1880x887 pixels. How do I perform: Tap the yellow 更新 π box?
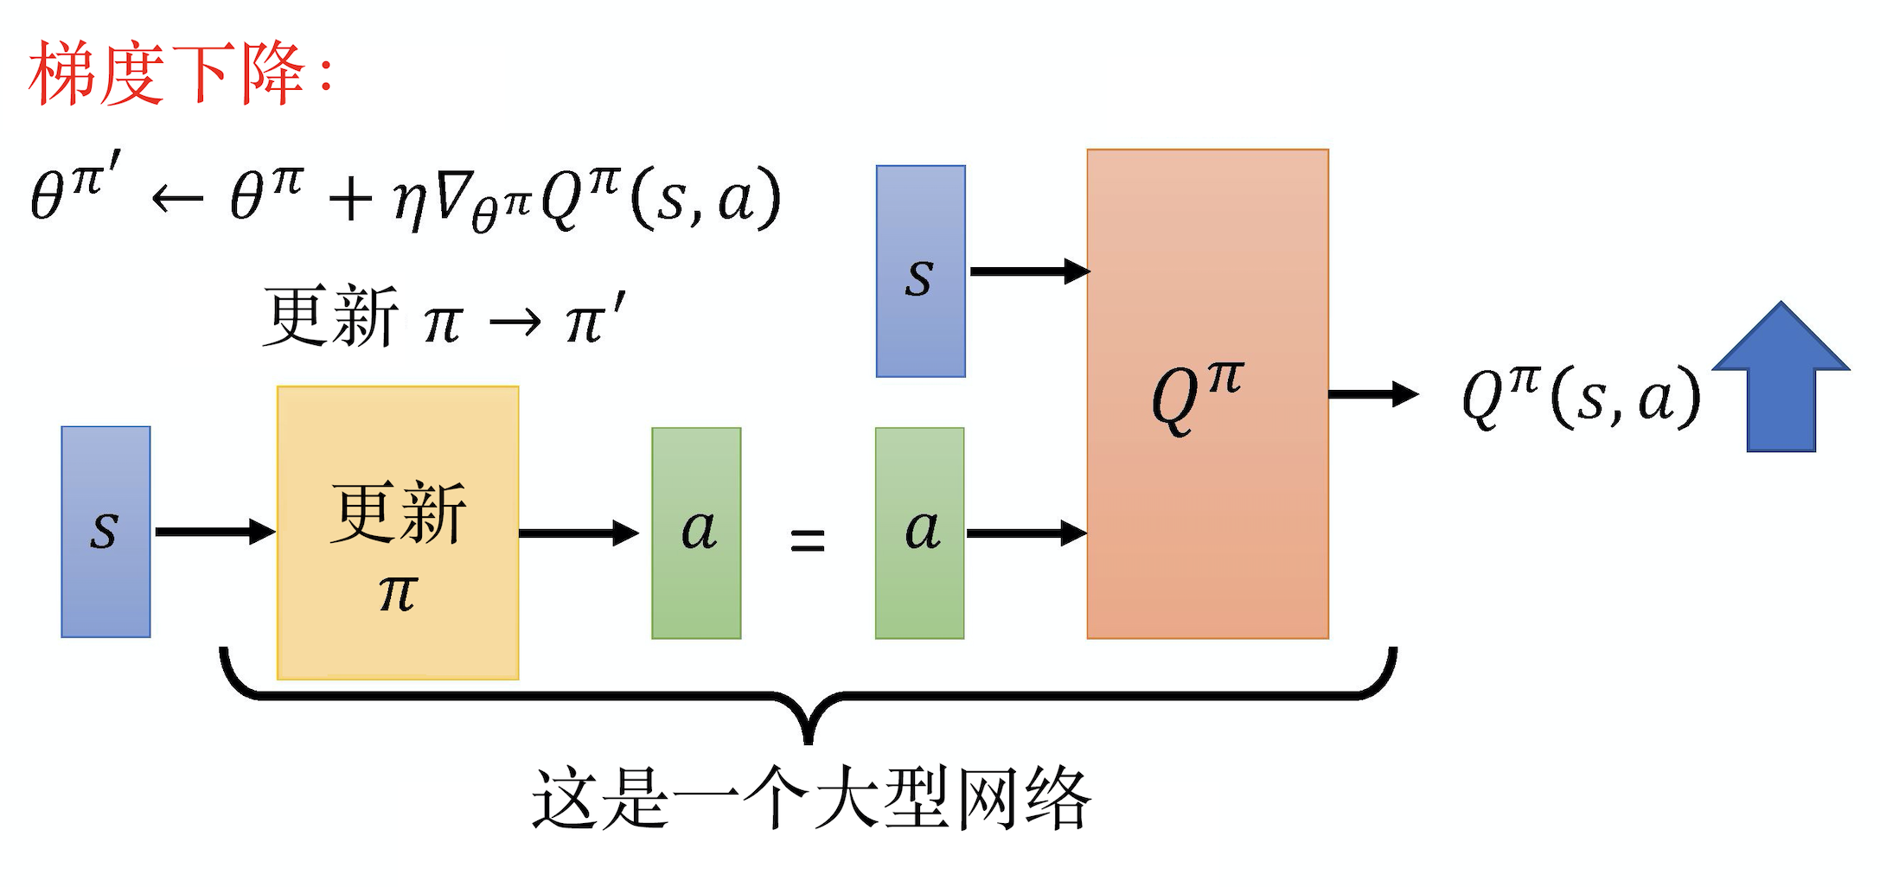tap(398, 533)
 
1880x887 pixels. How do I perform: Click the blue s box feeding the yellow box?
tap(106, 532)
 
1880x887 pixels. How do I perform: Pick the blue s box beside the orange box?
tap(920, 271)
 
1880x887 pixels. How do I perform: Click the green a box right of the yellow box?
tap(696, 533)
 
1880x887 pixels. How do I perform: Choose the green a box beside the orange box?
tap(919, 533)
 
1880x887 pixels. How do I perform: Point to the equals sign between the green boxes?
tap(808, 541)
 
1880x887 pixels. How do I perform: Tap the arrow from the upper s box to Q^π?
tap(1029, 271)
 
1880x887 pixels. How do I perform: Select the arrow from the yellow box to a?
tap(579, 533)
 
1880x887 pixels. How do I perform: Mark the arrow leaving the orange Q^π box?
tap(1373, 394)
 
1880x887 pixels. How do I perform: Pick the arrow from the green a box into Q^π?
tap(1026, 533)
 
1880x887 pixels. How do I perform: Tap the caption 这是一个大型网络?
tap(811, 799)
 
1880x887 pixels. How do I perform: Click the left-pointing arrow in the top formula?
tap(177, 200)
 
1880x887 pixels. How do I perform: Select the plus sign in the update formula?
tap(350, 200)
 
